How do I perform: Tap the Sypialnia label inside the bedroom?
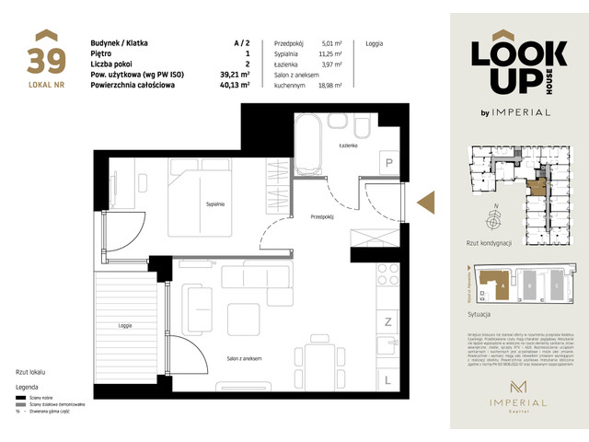(215, 204)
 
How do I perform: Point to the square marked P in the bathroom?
(389, 164)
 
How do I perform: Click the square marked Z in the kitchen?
(388, 321)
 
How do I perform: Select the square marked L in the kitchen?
(388, 378)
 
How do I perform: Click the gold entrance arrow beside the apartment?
(425, 203)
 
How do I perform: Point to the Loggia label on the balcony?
(124, 325)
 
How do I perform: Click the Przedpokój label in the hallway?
(321, 217)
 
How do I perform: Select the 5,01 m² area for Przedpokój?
(332, 43)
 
